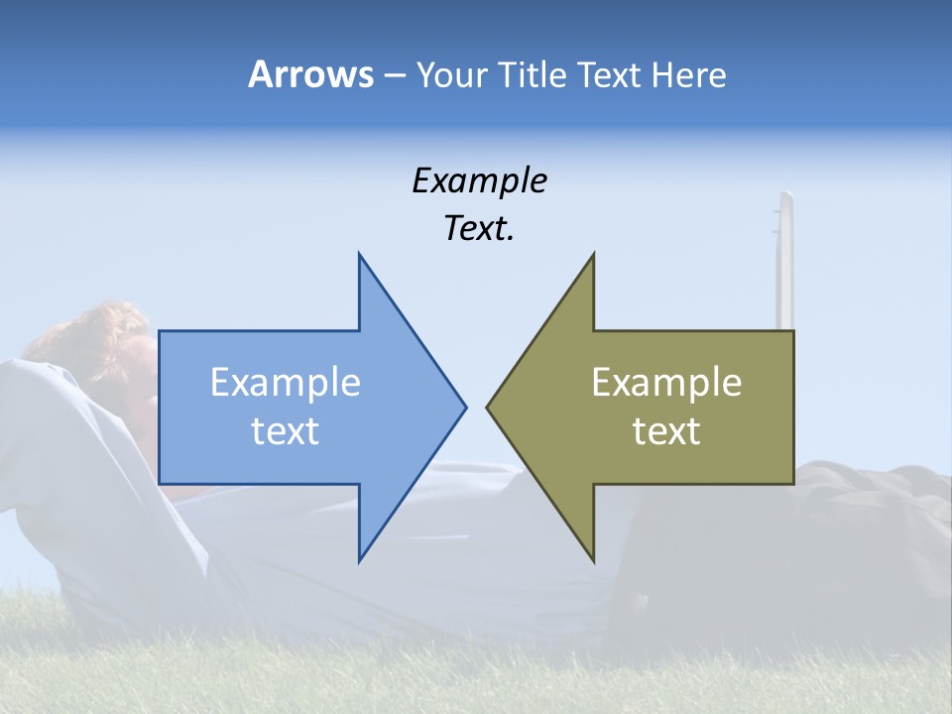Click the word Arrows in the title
coord(310,74)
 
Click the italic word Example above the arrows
coord(479,181)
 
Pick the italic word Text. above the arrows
coord(479,229)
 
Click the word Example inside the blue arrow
coord(285,383)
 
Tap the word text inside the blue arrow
coord(285,430)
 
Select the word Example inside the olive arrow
coord(666,383)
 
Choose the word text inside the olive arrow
coord(666,430)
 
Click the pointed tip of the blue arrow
coord(465,406)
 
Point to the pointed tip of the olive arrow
coord(487,406)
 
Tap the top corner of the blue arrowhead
coord(359,254)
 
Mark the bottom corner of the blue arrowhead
coord(359,560)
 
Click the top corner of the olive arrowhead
coord(593,254)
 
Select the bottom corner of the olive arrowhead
coord(593,560)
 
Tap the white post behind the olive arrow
coord(785,258)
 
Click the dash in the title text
coord(394,75)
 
